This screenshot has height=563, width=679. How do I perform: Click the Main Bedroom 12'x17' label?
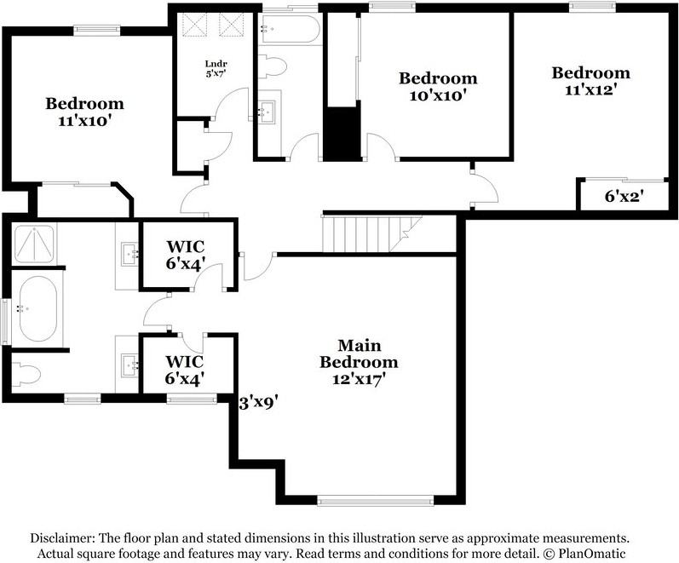[x=358, y=362]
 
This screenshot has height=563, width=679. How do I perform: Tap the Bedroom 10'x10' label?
[x=438, y=87]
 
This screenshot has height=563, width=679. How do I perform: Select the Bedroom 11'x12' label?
[x=590, y=80]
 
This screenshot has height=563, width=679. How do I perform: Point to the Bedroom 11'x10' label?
[x=84, y=112]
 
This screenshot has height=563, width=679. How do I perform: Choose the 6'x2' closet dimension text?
[x=624, y=196]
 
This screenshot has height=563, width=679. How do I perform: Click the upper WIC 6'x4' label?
[x=185, y=255]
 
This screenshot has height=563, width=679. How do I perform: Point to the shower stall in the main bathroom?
[x=33, y=244]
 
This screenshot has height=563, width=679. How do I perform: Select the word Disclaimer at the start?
[x=62, y=538]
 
